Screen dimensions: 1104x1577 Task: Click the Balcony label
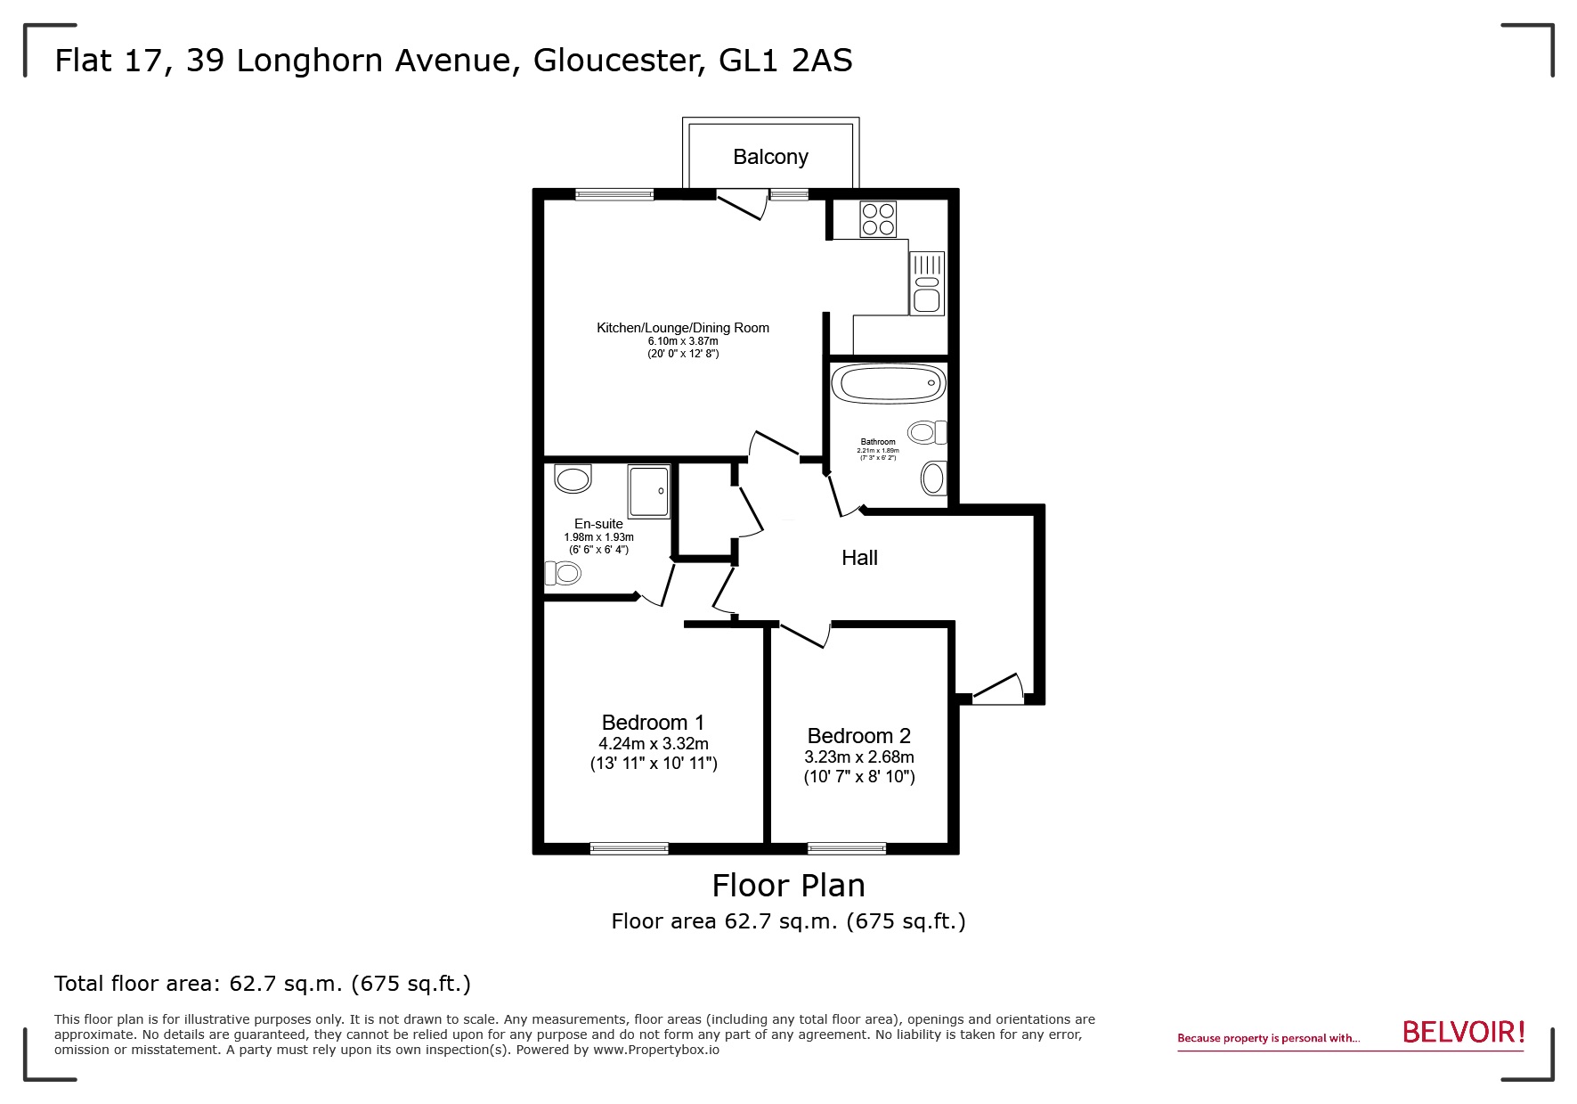click(x=770, y=157)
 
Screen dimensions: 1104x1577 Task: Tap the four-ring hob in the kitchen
click(x=878, y=219)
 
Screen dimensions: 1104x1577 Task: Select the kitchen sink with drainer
click(x=926, y=283)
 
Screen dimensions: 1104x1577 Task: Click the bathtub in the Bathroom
click(x=888, y=385)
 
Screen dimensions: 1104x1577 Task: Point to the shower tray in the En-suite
click(x=648, y=491)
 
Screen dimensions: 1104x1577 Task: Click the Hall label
click(x=859, y=558)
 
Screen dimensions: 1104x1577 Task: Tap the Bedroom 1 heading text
click(x=653, y=722)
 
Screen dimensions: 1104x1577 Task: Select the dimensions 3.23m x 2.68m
click(x=858, y=757)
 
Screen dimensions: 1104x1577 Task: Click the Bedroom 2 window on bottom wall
click(x=847, y=848)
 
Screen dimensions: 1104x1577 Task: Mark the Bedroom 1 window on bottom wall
click(x=629, y=848)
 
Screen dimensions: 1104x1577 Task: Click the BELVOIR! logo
click(x=1463, y=1032)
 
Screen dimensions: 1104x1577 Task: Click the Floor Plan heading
click(x=788, y=885)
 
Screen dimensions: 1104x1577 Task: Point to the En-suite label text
click(x=598, y=524)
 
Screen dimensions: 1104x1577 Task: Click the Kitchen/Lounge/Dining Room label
click(x=683, y=328)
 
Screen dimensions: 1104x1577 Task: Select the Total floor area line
click(x=263, y=984)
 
